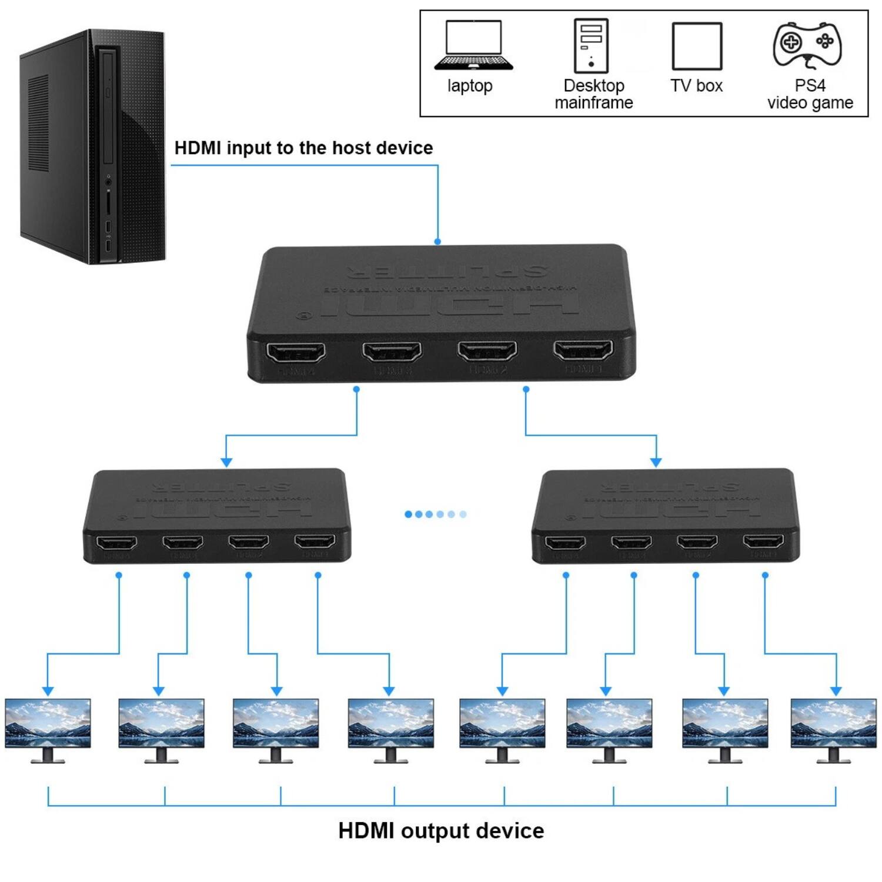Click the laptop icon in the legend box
tap(473, 46)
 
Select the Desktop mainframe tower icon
tap(591, 46)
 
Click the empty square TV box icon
tap(697, 46)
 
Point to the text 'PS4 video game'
tap(810, 94)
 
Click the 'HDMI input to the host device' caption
tap(303, 148)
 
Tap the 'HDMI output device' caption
tap(441, 831)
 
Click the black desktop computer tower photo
tap(92, 147)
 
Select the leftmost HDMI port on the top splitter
tap(296, 353)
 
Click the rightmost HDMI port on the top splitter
tap(583, 350)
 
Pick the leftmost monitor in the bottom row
tap(48, 729)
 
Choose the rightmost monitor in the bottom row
tap(833, 729)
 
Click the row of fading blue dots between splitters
tap(435, 514)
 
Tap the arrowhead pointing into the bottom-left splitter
tap(226, 462)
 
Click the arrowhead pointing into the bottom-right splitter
tap(656, 462)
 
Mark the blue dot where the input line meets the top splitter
tap(437, 242)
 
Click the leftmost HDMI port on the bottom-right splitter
tap(565, 542)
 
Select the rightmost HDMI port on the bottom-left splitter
tap(315, 542)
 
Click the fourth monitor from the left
tap(390, 729)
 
